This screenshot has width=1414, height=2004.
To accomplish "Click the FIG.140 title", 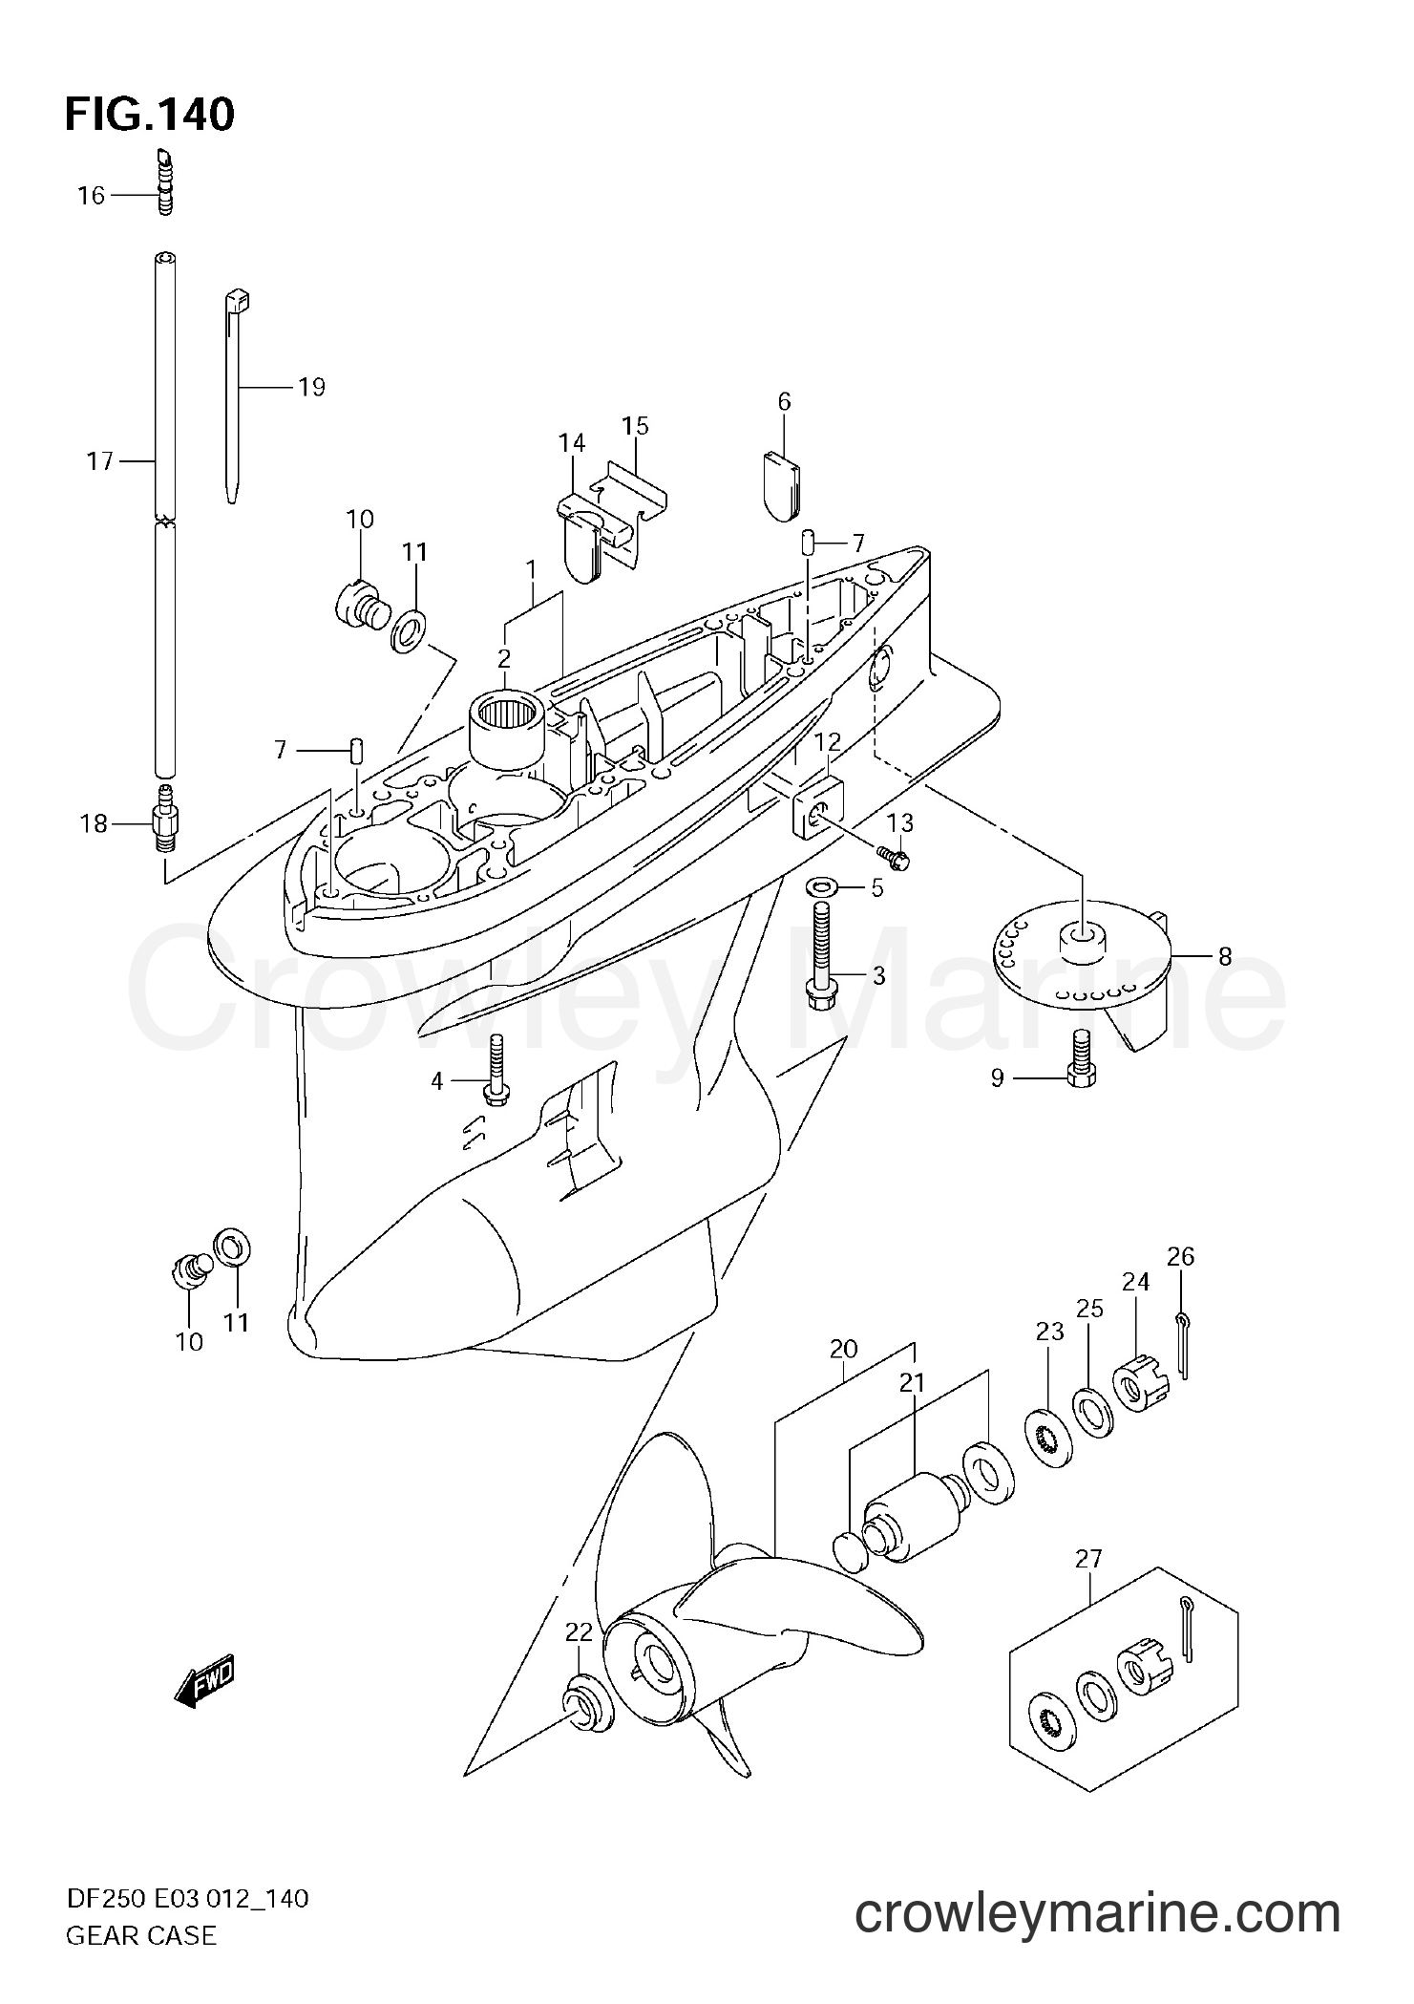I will pyautogui.click(x=149, y=116).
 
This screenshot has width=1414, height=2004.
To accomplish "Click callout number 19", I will pyautogui.click(x=310, y=388).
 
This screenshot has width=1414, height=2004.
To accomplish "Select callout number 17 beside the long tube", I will pyautogui.click(x=99, y=462).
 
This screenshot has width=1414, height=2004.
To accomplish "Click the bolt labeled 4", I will pyautogui.click(x=496, y=1071).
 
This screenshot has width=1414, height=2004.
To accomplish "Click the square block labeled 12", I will pyautogui.click(x=819, y=807).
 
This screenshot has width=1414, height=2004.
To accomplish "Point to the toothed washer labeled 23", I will pyautogui.click(x=1053, y=1433).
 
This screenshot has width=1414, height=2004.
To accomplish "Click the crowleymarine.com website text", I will pyautogui.click(x=1097, y=1936).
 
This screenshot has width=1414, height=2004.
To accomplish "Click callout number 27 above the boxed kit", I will pyautogui.click(x=1088, y=1560).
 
